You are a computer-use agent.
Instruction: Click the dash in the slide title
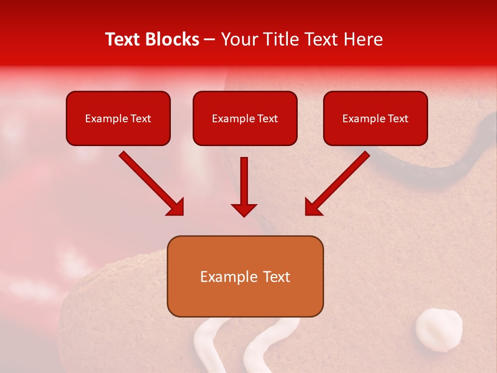pos(210,40)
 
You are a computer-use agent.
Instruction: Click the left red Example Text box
pos(118,118)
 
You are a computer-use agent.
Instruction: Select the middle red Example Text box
pos(245,118)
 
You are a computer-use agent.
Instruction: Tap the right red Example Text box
pos(375,118)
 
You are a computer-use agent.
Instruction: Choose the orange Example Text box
pos(245,277)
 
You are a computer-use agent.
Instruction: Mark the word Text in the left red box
pos(141,118)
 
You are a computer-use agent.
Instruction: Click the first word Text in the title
pos(124,39)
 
